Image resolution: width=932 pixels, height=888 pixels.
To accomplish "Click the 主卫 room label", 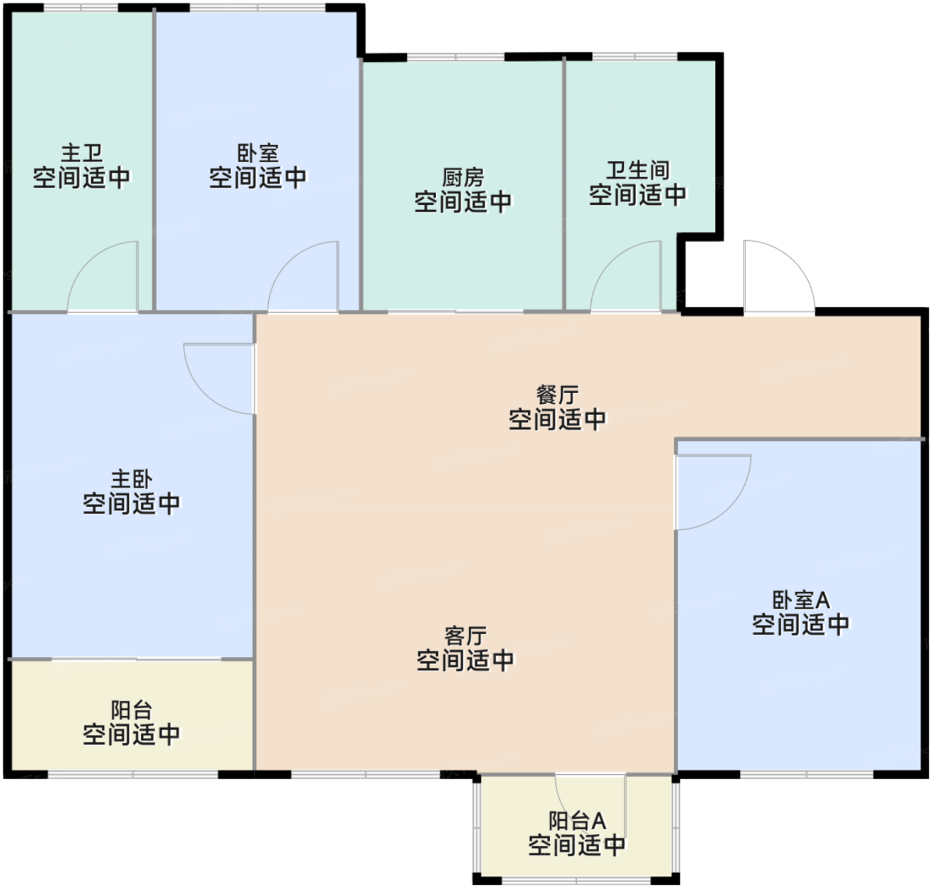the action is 81,153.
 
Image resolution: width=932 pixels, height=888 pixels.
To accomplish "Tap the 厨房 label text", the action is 463,178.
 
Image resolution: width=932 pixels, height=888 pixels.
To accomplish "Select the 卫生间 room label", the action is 638,170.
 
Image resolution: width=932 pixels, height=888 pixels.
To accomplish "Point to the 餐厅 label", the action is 557,394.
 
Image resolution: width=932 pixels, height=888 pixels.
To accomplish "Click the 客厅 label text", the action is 465,637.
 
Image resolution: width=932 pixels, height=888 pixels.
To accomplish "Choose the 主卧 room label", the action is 131,480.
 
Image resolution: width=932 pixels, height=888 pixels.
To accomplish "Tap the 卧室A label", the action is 801,601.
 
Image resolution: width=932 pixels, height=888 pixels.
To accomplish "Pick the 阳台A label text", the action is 577,821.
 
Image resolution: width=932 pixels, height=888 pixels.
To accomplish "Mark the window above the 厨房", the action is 455,57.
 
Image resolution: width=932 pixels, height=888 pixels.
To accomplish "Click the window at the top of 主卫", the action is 80,8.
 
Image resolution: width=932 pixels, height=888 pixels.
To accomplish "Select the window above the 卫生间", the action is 635,57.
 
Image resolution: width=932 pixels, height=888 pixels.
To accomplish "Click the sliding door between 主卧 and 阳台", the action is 136,659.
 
